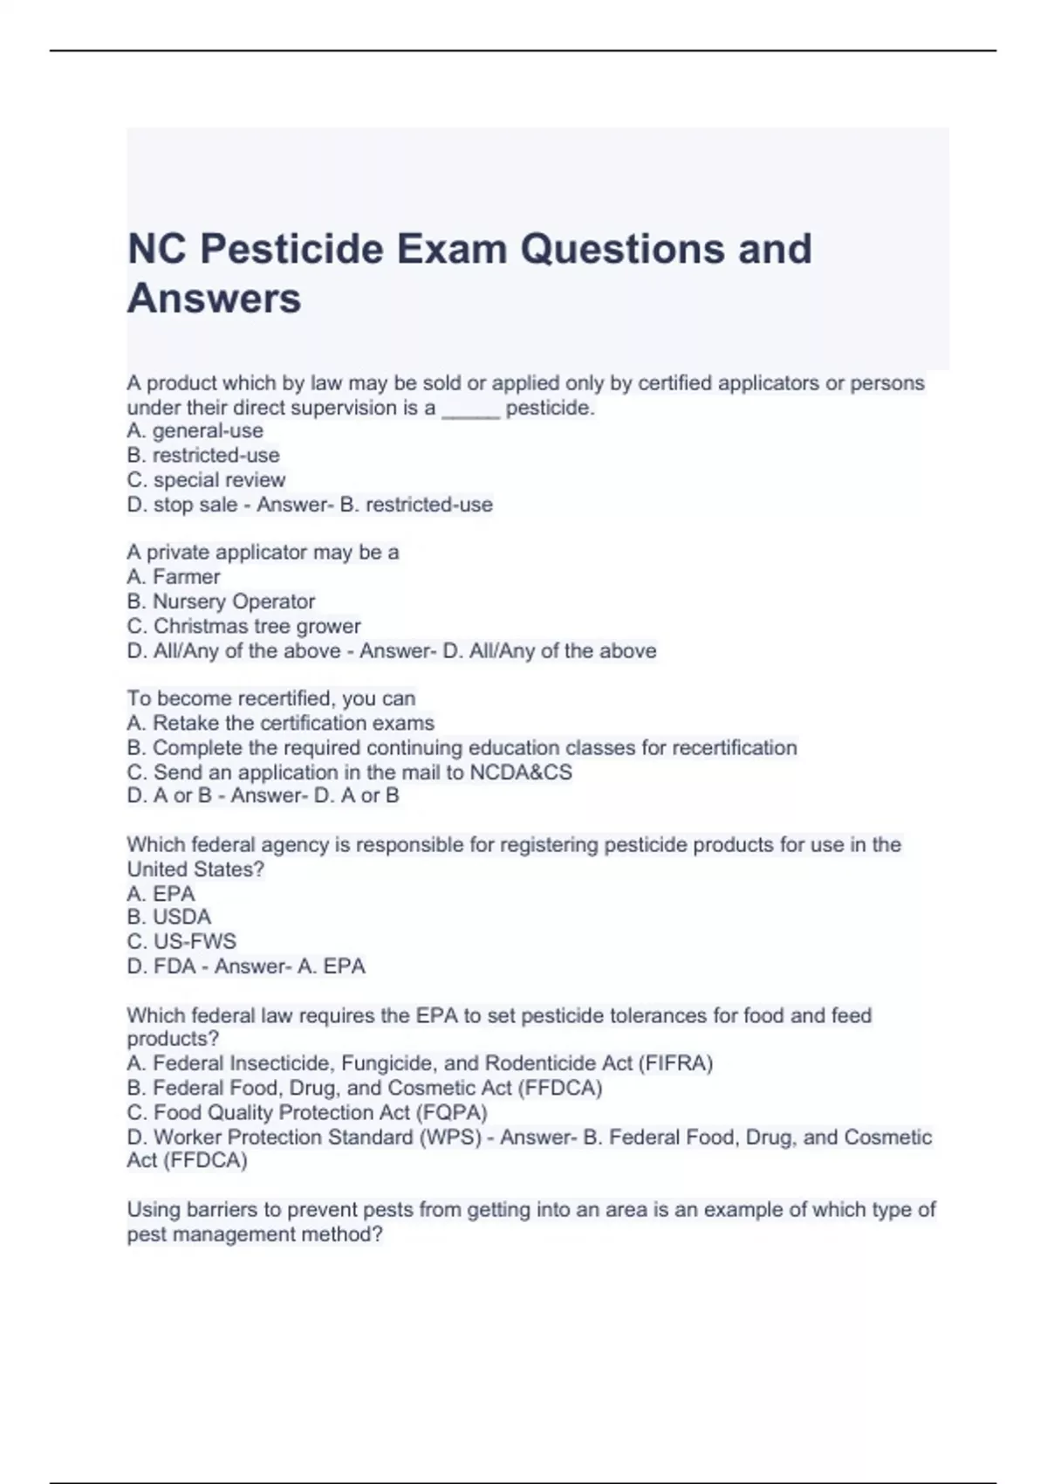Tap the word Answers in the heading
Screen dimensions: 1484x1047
(215, 299)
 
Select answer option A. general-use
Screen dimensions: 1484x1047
(195, 430)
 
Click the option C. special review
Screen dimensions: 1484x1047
(206, 480)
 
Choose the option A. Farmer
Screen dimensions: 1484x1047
(174, 577)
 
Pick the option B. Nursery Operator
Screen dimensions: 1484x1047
(221, 601)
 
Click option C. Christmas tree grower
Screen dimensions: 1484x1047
(243, 626)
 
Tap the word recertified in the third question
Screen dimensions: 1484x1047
(284, 698)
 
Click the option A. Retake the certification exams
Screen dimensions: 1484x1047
(280, 723)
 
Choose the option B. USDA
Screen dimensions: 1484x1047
(169, 917)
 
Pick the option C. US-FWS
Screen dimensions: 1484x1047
(181, 941)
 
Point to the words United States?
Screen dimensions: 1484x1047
(195, 869)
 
